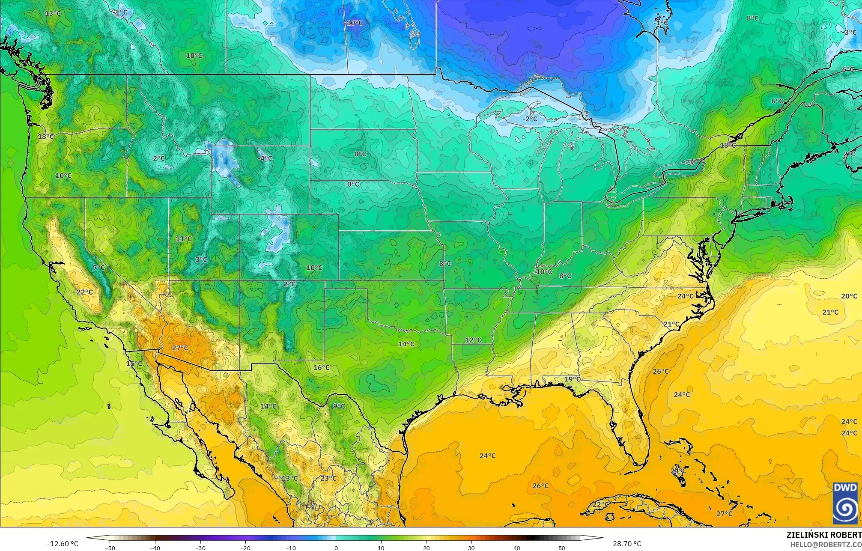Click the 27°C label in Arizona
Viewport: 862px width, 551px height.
tap(180, 348)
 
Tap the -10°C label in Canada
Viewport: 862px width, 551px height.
tap(354, 23)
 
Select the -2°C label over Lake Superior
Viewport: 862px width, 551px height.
tap(530, 119)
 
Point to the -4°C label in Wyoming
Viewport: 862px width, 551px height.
tap(265, 158)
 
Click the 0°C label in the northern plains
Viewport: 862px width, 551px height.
tap(353, 184)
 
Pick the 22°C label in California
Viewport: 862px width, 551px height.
tap(84, 292)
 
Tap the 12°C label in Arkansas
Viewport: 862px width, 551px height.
tap(473, 340)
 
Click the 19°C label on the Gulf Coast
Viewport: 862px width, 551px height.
tap(572, 379)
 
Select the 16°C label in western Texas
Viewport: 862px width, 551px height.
tap(321, 367)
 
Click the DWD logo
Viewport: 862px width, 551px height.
tap(845, 503)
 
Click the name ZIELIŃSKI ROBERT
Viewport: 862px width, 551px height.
tap(823, 535)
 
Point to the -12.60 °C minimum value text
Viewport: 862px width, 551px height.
tap(63, 544)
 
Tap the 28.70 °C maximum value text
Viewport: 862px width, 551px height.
tap(626, 544)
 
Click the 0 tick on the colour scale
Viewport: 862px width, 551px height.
tap(336, 548)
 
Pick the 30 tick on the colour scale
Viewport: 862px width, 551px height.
tap(471, 548)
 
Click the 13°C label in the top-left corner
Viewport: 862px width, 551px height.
tap(53, 13)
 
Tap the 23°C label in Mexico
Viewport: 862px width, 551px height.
tap(328, 478)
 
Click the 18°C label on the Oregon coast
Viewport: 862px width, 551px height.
tap(46, 137)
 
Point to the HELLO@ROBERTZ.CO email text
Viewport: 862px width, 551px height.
tap(826, 544)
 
